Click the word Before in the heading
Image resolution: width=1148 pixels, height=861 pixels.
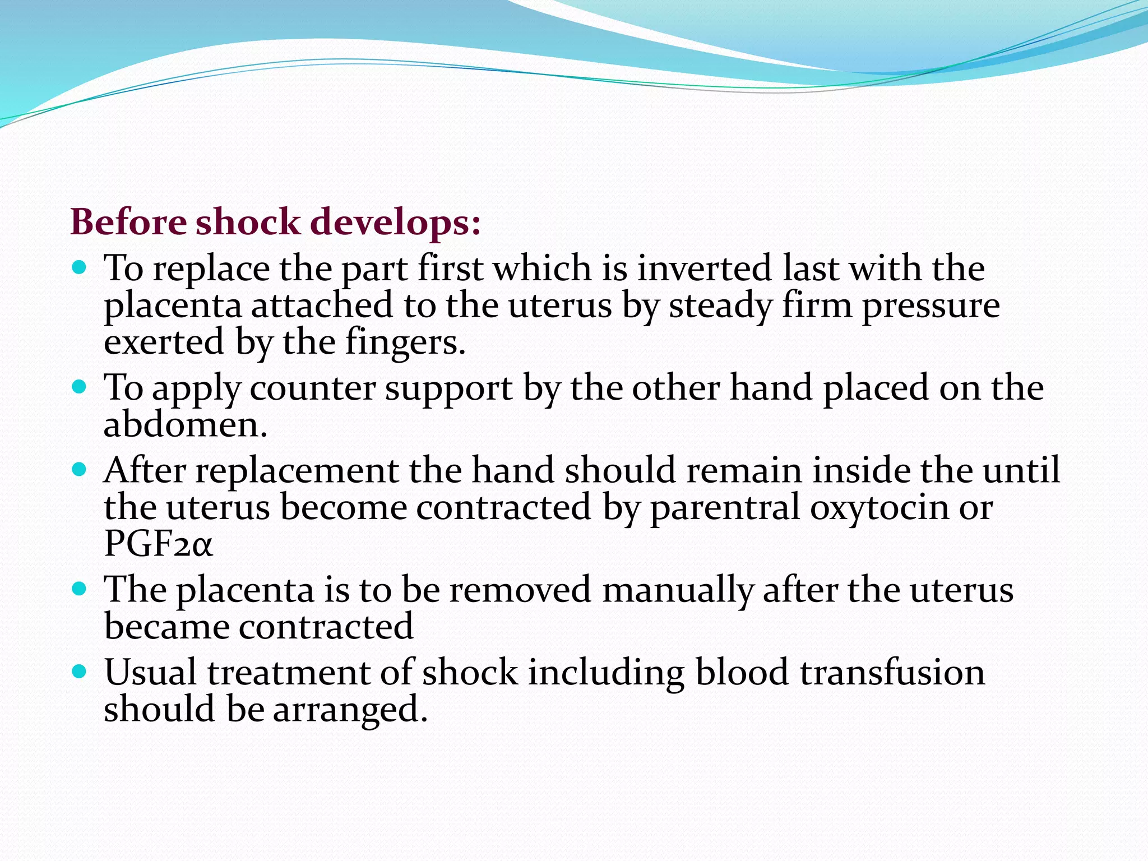128,222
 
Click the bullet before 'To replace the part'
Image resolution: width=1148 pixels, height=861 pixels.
80,267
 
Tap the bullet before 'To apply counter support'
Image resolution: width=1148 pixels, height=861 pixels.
80,386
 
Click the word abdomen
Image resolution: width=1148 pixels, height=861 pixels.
186,424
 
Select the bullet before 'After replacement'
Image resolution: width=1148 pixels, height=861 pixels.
80,469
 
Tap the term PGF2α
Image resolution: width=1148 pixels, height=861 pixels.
159,544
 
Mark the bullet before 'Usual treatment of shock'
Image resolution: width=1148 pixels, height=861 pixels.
80,671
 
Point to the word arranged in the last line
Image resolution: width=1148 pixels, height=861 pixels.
350,710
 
